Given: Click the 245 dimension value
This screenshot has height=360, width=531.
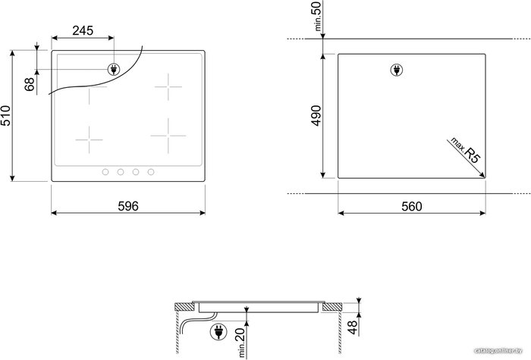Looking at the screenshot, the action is point(83,30).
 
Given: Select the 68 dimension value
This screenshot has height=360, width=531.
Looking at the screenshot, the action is point(30,84).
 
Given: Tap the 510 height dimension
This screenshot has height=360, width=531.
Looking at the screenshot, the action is point(6,115).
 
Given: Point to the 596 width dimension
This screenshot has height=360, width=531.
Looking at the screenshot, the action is point(128,206).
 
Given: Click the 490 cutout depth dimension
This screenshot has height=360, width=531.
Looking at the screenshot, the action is point(316,115).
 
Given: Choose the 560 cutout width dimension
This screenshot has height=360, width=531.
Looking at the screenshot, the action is point(412,206).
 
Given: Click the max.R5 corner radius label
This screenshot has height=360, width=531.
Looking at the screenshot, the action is point(466,150).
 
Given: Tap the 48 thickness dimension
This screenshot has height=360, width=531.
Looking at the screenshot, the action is point(353,327).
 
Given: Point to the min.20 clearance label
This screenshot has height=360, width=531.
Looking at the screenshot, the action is point(241,343).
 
